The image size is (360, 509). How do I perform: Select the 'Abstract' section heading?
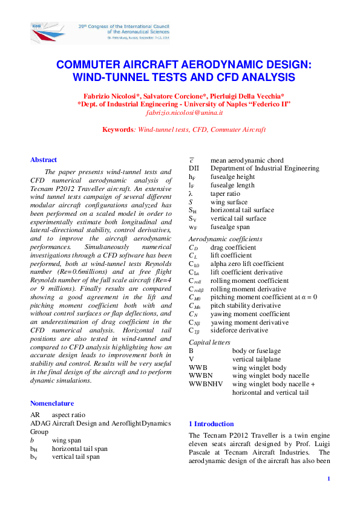(44, 160)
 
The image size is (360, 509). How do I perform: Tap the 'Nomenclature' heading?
(52, 403)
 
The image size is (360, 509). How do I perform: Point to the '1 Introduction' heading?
(211, 424)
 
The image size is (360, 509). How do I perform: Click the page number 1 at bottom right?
(328, 479)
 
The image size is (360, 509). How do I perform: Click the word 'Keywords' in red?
(117, 129)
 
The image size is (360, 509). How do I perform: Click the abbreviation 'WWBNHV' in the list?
(206, 384)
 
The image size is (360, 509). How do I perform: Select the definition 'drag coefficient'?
(233, 247)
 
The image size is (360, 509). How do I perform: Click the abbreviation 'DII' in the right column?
(194, 168)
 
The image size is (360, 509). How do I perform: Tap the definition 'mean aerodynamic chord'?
(247, 160)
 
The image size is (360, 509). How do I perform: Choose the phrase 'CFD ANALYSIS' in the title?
(258, 77)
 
